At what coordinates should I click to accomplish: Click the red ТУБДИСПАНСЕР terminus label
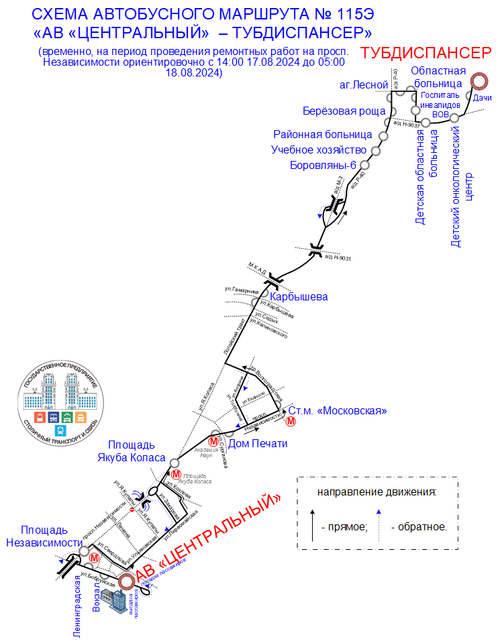tap(426, 54)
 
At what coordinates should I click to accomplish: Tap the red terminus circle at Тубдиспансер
tap(479, 81)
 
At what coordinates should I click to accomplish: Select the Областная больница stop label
tap(438, 77)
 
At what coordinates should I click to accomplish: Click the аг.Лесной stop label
tap(364, 85)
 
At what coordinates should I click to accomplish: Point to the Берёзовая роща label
tap(343, 111)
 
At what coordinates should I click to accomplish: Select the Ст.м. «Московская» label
tap(337, 410)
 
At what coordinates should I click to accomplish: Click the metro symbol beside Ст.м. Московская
tap(291, 421)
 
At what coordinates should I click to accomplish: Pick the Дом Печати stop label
tap(258, 444)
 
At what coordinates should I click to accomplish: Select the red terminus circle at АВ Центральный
tap(126, 581)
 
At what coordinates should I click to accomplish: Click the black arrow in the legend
tap(313, 524)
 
